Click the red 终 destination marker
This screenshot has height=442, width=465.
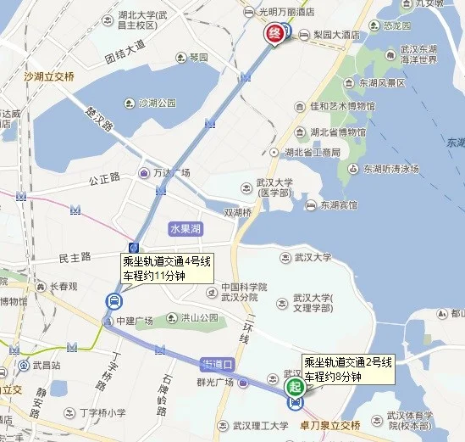tap(274, 34)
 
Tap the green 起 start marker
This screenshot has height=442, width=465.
tap(295, 386)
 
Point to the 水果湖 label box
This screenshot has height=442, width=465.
tap(185, 229)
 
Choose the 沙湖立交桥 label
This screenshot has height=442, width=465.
tap(51, 76)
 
